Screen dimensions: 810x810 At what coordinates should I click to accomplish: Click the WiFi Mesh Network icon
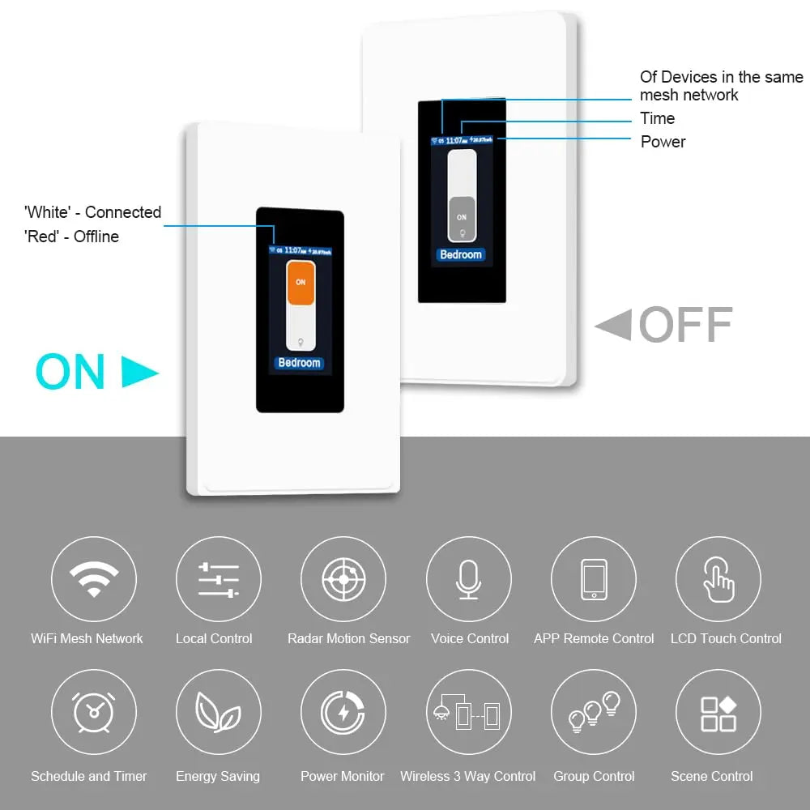94,578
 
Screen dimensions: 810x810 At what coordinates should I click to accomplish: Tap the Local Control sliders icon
219,578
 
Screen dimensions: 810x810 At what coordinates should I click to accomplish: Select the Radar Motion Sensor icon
343,578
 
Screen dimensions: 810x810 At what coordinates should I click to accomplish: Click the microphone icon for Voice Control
468,578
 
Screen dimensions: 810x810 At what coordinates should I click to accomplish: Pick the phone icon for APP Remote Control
594,578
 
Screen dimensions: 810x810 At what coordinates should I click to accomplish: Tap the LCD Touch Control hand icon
718,578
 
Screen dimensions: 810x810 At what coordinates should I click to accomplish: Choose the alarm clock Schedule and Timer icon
94,713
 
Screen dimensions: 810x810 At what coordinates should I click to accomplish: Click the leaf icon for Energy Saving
219,713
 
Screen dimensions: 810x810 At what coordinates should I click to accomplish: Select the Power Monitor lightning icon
343,713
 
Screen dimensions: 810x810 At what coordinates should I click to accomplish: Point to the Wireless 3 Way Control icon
468,713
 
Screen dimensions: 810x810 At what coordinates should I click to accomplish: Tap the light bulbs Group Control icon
594,713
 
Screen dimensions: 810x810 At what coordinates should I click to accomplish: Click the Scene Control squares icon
718,713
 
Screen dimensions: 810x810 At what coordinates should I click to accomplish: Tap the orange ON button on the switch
301,283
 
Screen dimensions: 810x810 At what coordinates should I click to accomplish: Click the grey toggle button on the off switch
462,218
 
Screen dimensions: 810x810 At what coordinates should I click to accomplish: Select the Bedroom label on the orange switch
300,363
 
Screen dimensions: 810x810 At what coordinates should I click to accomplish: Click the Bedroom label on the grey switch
461,254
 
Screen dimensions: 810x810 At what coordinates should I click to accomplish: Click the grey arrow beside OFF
613,326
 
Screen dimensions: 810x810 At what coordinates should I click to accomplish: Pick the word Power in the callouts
663,142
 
